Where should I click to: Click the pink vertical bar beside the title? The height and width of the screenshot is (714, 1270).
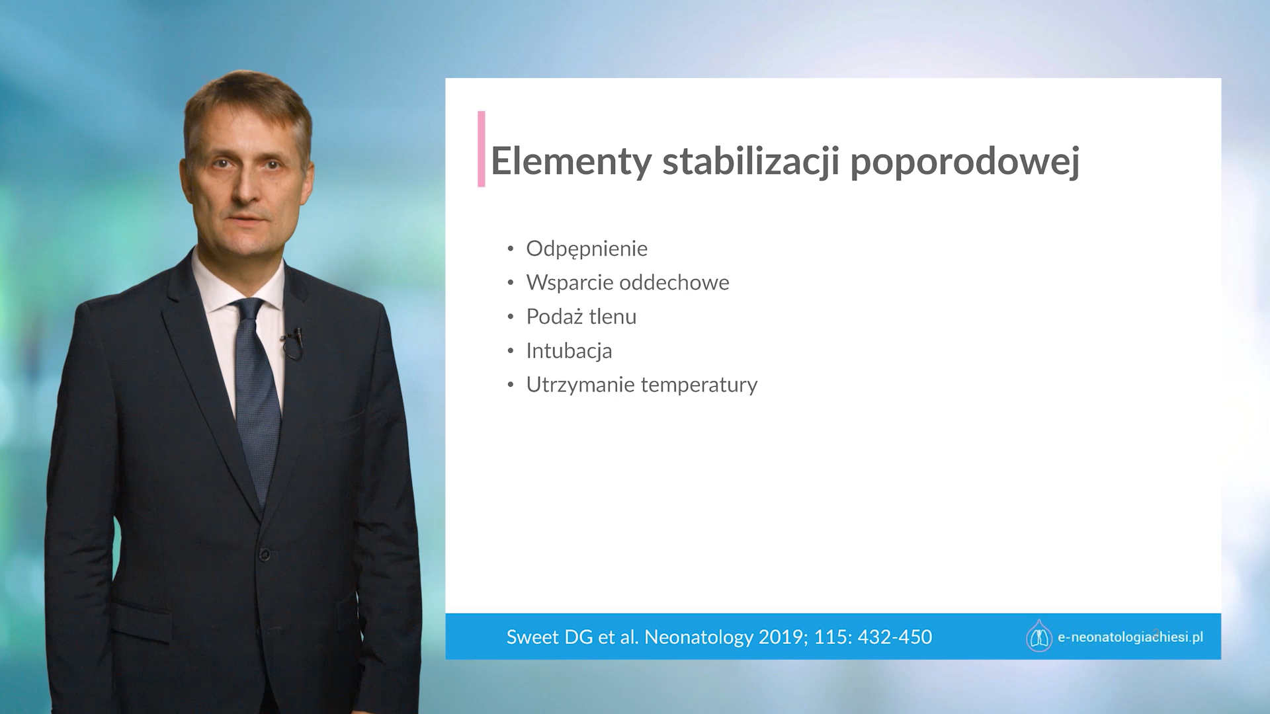pyautogui.click(x=482, y=149)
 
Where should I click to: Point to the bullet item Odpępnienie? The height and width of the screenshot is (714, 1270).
pyautogui.click(x=587, y=249)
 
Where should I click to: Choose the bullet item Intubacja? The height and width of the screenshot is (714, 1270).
pyautogui.click(x=569, y=351)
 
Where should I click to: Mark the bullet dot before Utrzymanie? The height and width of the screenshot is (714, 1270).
pyautogui.click(x=511, y=385)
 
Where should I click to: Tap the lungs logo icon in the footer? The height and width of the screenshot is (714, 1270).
pyautogui.click(x=1039, y=636)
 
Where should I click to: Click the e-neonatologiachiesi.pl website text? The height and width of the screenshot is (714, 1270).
pyautogui.click(x=1130, y=637)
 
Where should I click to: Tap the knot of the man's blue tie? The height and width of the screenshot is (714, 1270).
pyautogui.click(x=248, y=309)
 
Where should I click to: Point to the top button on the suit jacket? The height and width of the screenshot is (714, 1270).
pyautogui.click(x=265, y=555)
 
